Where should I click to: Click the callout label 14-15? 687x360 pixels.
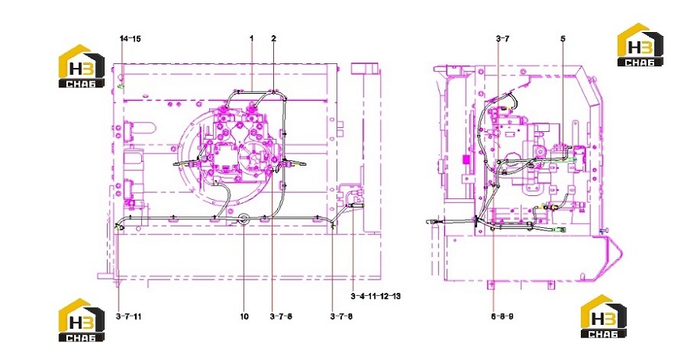130,38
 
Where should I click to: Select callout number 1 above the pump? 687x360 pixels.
252,38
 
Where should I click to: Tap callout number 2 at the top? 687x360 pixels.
274,38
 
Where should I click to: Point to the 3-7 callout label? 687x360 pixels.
503,38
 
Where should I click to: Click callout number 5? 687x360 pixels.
563,38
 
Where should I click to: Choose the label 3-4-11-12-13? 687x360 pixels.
376,296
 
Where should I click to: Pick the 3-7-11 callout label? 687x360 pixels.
129,316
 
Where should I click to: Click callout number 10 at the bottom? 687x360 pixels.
244,316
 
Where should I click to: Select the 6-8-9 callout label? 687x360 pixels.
500,316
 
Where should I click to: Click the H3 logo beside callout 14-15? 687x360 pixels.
82,66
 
